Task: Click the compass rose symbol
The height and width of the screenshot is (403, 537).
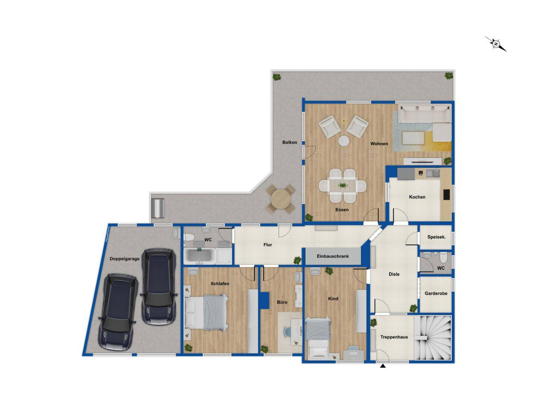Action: (x=496, y=44)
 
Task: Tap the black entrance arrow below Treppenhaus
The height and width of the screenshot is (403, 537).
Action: (x=383, y=366)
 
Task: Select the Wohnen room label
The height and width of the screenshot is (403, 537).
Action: (x=379, y=144)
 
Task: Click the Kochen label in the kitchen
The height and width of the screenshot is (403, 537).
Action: (x=417, y=197)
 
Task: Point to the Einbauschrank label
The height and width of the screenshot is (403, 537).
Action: (x=333, y=256)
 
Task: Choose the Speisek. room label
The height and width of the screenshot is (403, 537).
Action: (x=436, y=237)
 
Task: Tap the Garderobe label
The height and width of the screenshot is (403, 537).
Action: (x=436, y=293)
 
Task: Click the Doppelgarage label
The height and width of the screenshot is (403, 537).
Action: (x=125, y=259)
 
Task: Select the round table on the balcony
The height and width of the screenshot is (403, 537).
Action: (x=281, y=199)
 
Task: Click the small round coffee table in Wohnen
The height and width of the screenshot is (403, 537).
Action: (x=343, y=141)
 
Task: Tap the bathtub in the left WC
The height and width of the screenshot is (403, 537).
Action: (x=200, y=256)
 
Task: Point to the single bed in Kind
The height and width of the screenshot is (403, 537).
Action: (x=318, y=337)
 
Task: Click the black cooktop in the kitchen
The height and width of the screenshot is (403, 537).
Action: (x=446, y=194)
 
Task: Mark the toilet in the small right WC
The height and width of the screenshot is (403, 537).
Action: (x=443, y=258)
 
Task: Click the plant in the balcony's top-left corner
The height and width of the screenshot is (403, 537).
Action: (x=276, y=77)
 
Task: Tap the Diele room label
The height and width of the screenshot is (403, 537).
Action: (x=394, y=274)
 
